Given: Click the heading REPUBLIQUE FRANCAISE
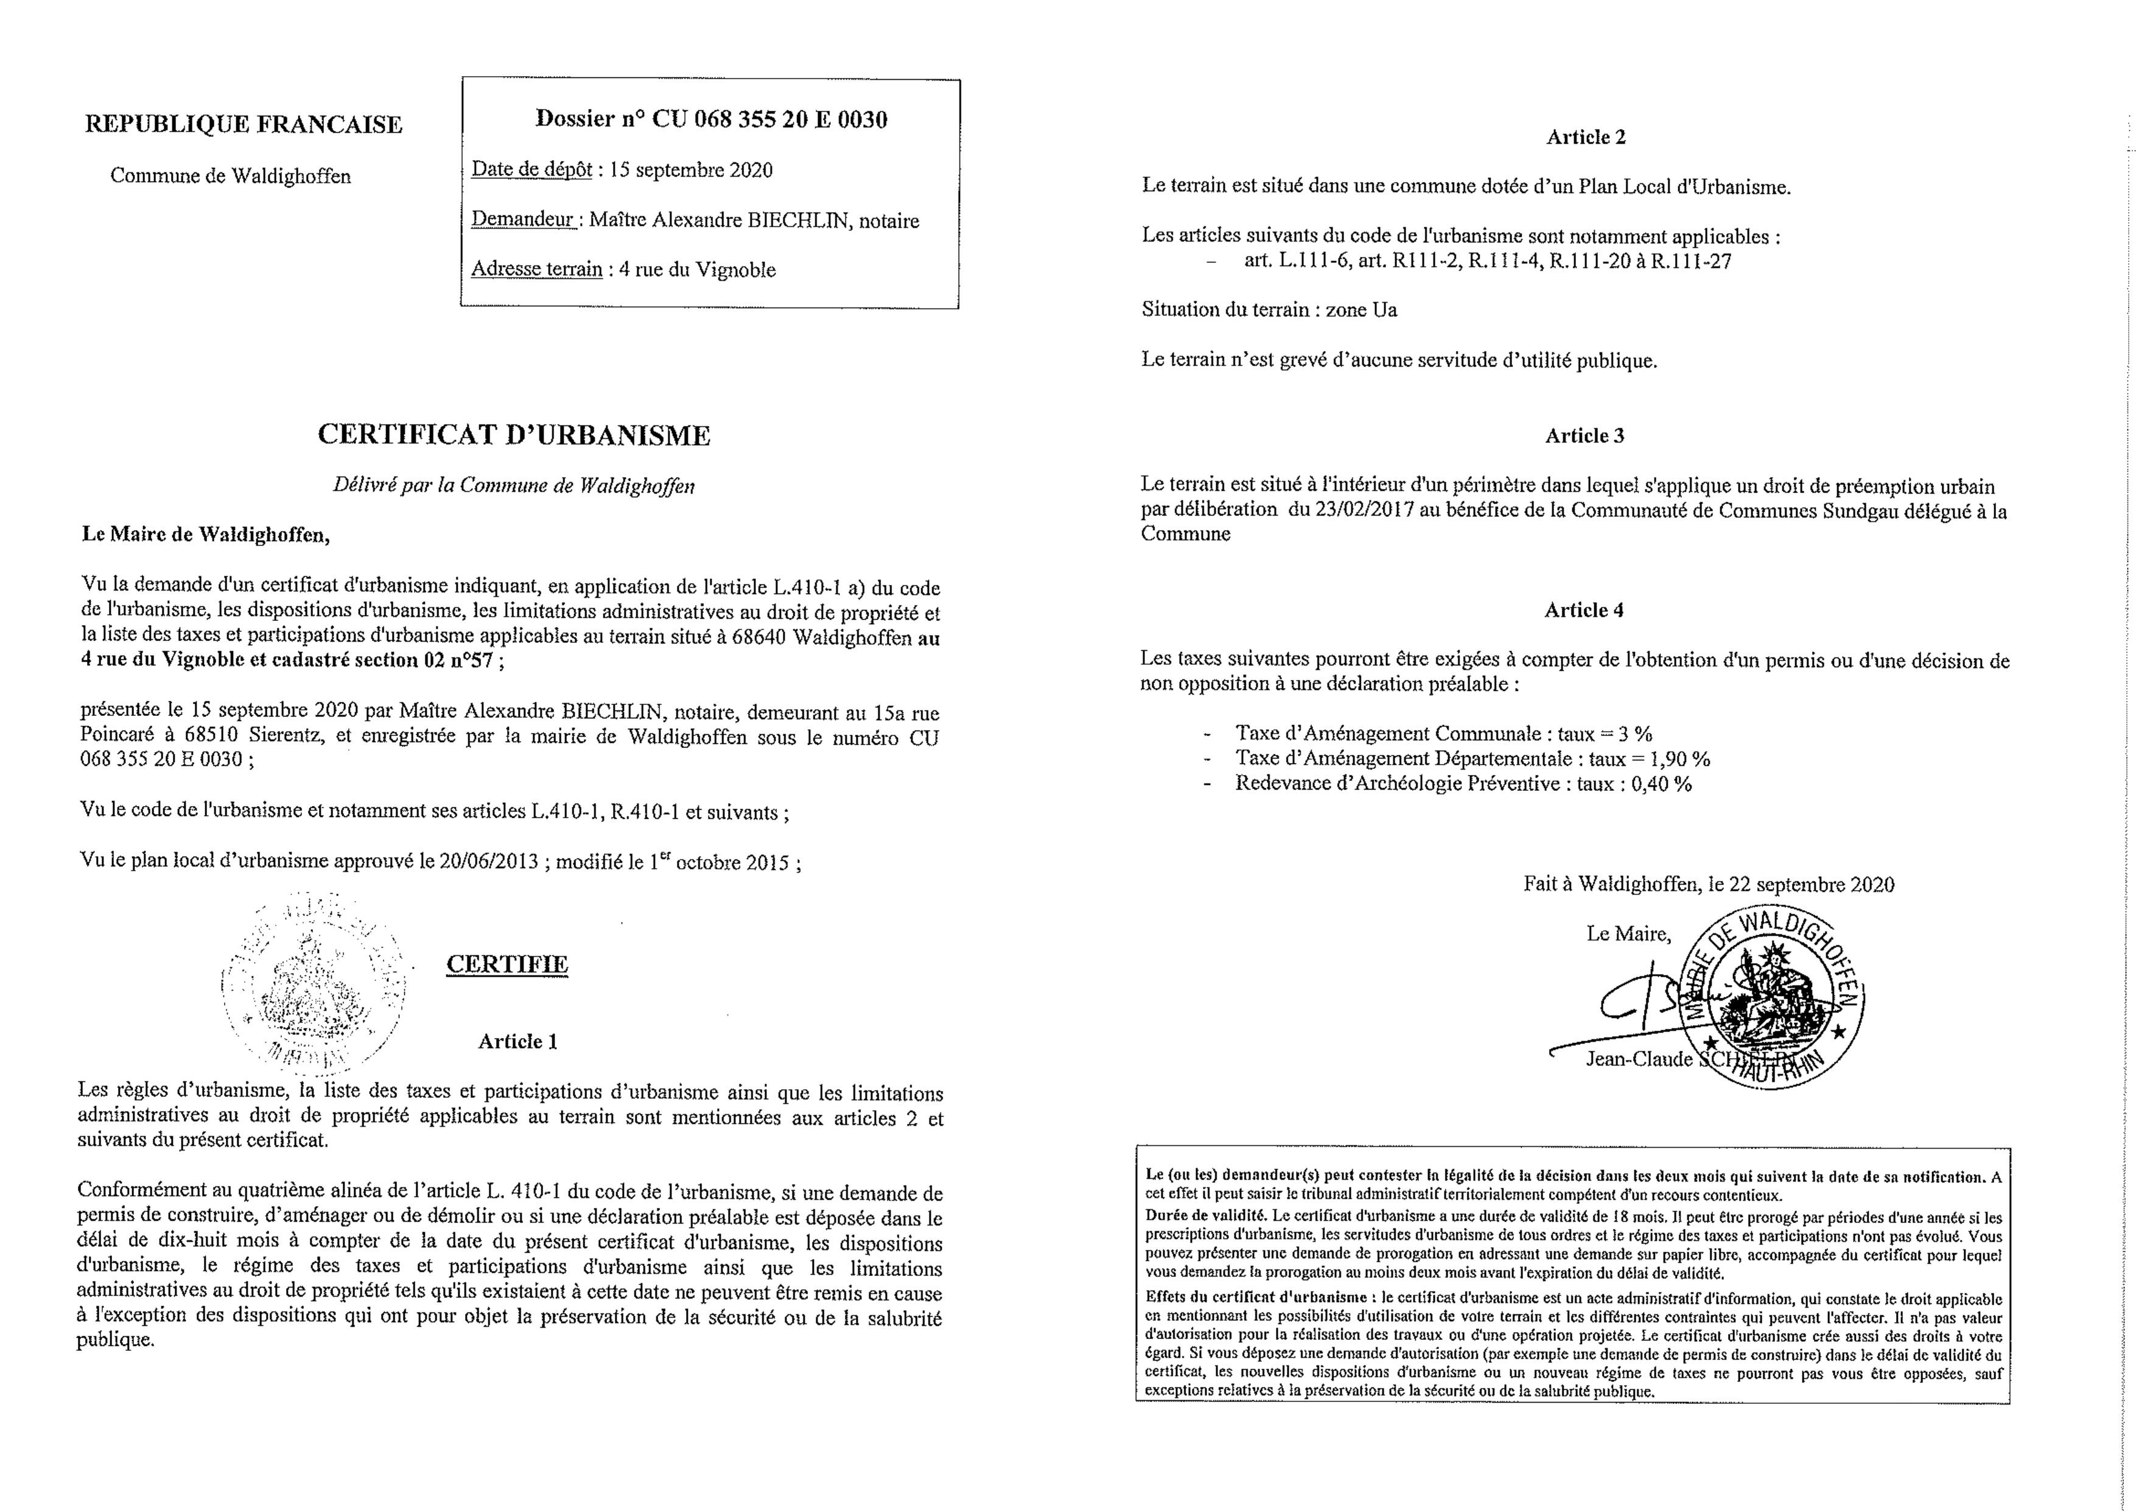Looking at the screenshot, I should [243, 125].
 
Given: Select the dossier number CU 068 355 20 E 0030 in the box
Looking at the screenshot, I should [769, 119].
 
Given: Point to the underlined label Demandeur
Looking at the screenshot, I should [523, 220].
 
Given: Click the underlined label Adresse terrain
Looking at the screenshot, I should [537, 269].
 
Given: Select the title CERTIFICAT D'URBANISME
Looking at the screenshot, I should [514, 435].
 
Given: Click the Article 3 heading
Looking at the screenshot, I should [1584, 435].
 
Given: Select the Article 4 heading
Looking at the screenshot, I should [1584, 611].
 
